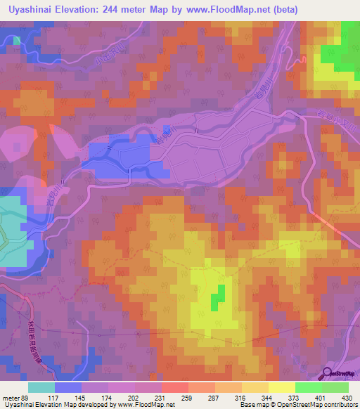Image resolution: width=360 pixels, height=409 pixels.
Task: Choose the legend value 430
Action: (345, 397)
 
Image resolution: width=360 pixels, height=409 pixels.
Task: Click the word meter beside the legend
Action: (9, 397)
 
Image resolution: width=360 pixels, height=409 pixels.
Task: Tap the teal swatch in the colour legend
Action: (41, 387)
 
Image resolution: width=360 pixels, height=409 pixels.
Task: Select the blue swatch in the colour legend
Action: (67, 387)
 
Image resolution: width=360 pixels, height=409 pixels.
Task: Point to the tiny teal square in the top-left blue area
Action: (16, 40)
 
